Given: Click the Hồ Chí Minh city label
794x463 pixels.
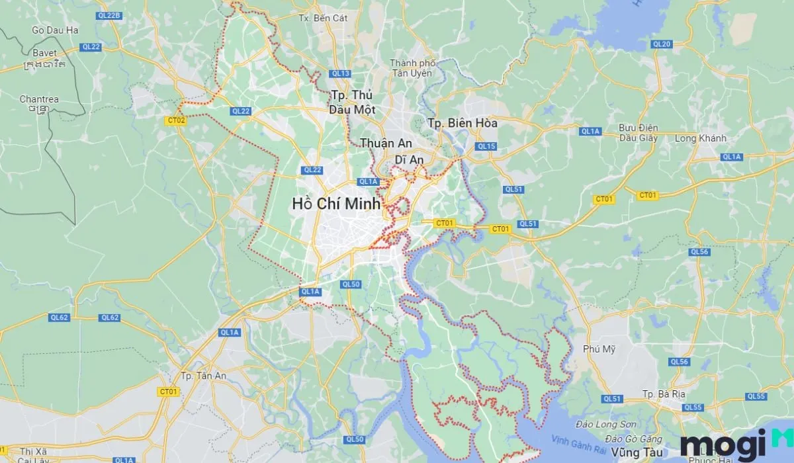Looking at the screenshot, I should pyautogui.click(x=336, y=204).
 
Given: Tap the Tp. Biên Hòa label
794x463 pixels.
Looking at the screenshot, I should pyautogui.click(x=463, y=123).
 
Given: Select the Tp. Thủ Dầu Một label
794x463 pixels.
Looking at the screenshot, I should pyautogui.click(x=351, y=102).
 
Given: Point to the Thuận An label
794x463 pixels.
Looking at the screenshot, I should pyautogui.click(x=386, y=143).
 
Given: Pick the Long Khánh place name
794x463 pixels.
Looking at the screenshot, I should pyautogui.click(x=701, y=138).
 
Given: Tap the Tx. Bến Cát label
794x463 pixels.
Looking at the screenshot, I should pyautogui.click(x=323, y=18).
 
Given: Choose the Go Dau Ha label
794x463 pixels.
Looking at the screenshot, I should pyautogui.click(x=55, y=30).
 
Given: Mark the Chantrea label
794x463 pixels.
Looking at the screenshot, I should pyautogui.click(x=39, y=99).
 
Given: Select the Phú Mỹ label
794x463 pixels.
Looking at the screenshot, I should pyautogui.click(x=595, y=349).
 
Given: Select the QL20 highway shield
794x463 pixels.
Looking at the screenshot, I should pyautogui.click(x=661, y=44).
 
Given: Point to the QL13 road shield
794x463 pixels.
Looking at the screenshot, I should pyautogui.click(x=341, y=73).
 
